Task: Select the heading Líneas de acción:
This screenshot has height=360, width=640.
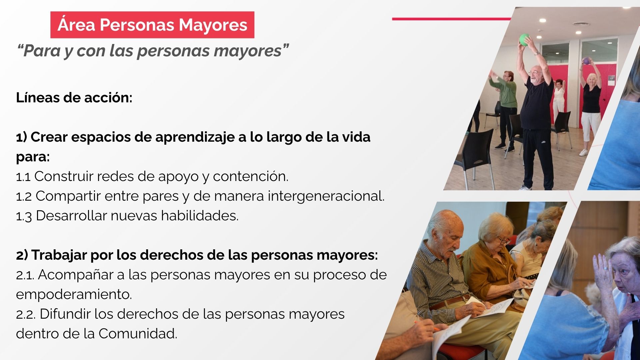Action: click(74, 98)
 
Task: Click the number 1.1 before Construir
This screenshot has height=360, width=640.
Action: click(23, 177)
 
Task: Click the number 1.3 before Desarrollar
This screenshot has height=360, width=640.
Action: click(24, 216)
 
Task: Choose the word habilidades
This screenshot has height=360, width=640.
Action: click(200, 216)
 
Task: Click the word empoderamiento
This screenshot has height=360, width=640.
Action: click(74, 295)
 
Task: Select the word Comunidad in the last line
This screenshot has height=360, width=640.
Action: click(138, 333)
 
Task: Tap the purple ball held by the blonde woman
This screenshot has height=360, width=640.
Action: click(586, 61)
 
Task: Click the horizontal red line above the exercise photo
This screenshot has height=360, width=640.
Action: click(452, 19)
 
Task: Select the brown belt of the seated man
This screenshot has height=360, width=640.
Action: click(450, 302)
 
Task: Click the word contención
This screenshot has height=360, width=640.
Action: click(251, 177)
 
